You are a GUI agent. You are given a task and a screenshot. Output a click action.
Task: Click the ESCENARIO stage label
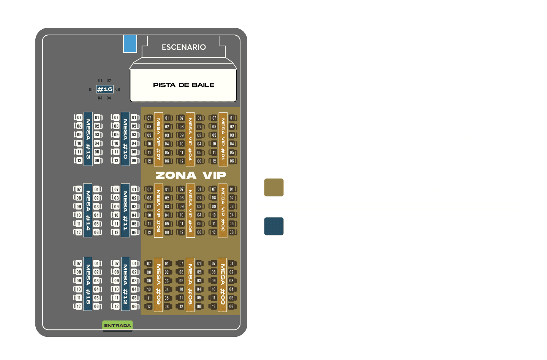coord(183,47)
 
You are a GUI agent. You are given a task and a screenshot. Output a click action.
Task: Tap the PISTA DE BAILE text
coord(183,85)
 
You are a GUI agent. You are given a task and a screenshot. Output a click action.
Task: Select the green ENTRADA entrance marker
coord(117,325)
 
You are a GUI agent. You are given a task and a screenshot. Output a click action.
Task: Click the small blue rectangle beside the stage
coord(130,44)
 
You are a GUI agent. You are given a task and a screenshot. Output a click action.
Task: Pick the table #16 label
coord(104,89)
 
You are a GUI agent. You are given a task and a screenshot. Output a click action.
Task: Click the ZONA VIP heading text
coord(191,175)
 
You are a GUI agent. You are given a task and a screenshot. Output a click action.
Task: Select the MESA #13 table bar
coord(88,139)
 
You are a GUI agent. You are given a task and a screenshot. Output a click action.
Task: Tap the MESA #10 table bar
coord(125,139)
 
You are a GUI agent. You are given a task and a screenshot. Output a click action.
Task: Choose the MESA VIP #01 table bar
coord(223,139)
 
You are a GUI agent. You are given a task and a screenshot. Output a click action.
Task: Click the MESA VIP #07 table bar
coord(158,139)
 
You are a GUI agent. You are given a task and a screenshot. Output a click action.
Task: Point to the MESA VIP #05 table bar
coord(190,210)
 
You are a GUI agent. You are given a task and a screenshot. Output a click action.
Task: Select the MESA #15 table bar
coord(88,284)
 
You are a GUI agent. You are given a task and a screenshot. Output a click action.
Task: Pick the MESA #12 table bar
coord(125,284)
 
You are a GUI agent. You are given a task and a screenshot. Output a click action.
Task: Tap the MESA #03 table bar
coord(223,284)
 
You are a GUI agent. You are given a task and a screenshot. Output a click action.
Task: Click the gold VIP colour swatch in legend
coord(274,188)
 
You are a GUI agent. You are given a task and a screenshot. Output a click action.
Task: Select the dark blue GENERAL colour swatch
coord(274,226)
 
